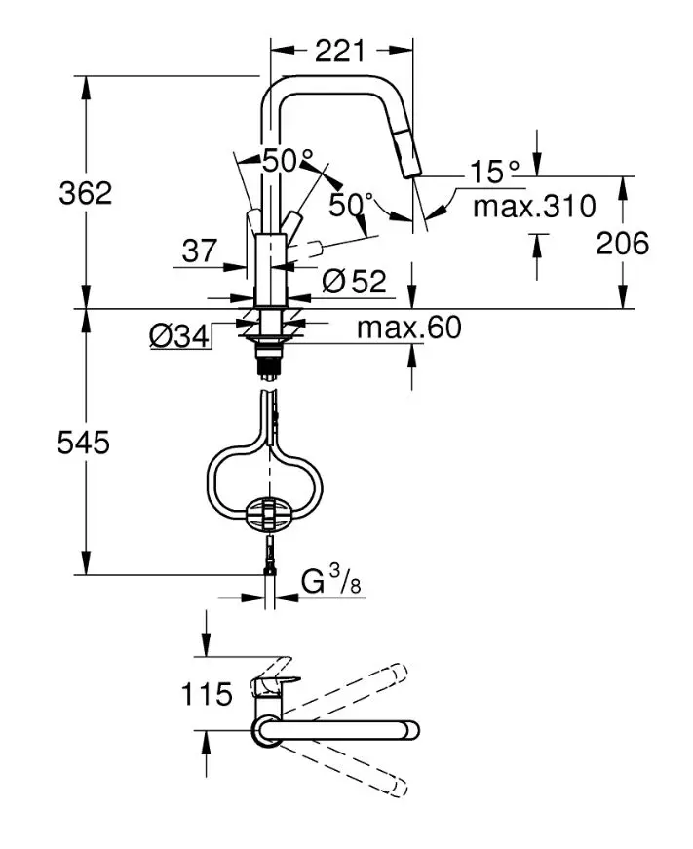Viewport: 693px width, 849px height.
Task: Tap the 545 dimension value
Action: coord(83,444)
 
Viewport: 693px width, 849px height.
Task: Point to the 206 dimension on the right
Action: coord(622,243)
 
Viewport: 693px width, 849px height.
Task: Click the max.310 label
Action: coord(532,207)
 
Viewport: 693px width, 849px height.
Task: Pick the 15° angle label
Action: coord(494,173)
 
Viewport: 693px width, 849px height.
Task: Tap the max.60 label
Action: coord(408,328)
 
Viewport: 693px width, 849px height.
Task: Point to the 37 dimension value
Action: coord(200,251)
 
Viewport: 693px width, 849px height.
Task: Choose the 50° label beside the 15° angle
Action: coord(351,205)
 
